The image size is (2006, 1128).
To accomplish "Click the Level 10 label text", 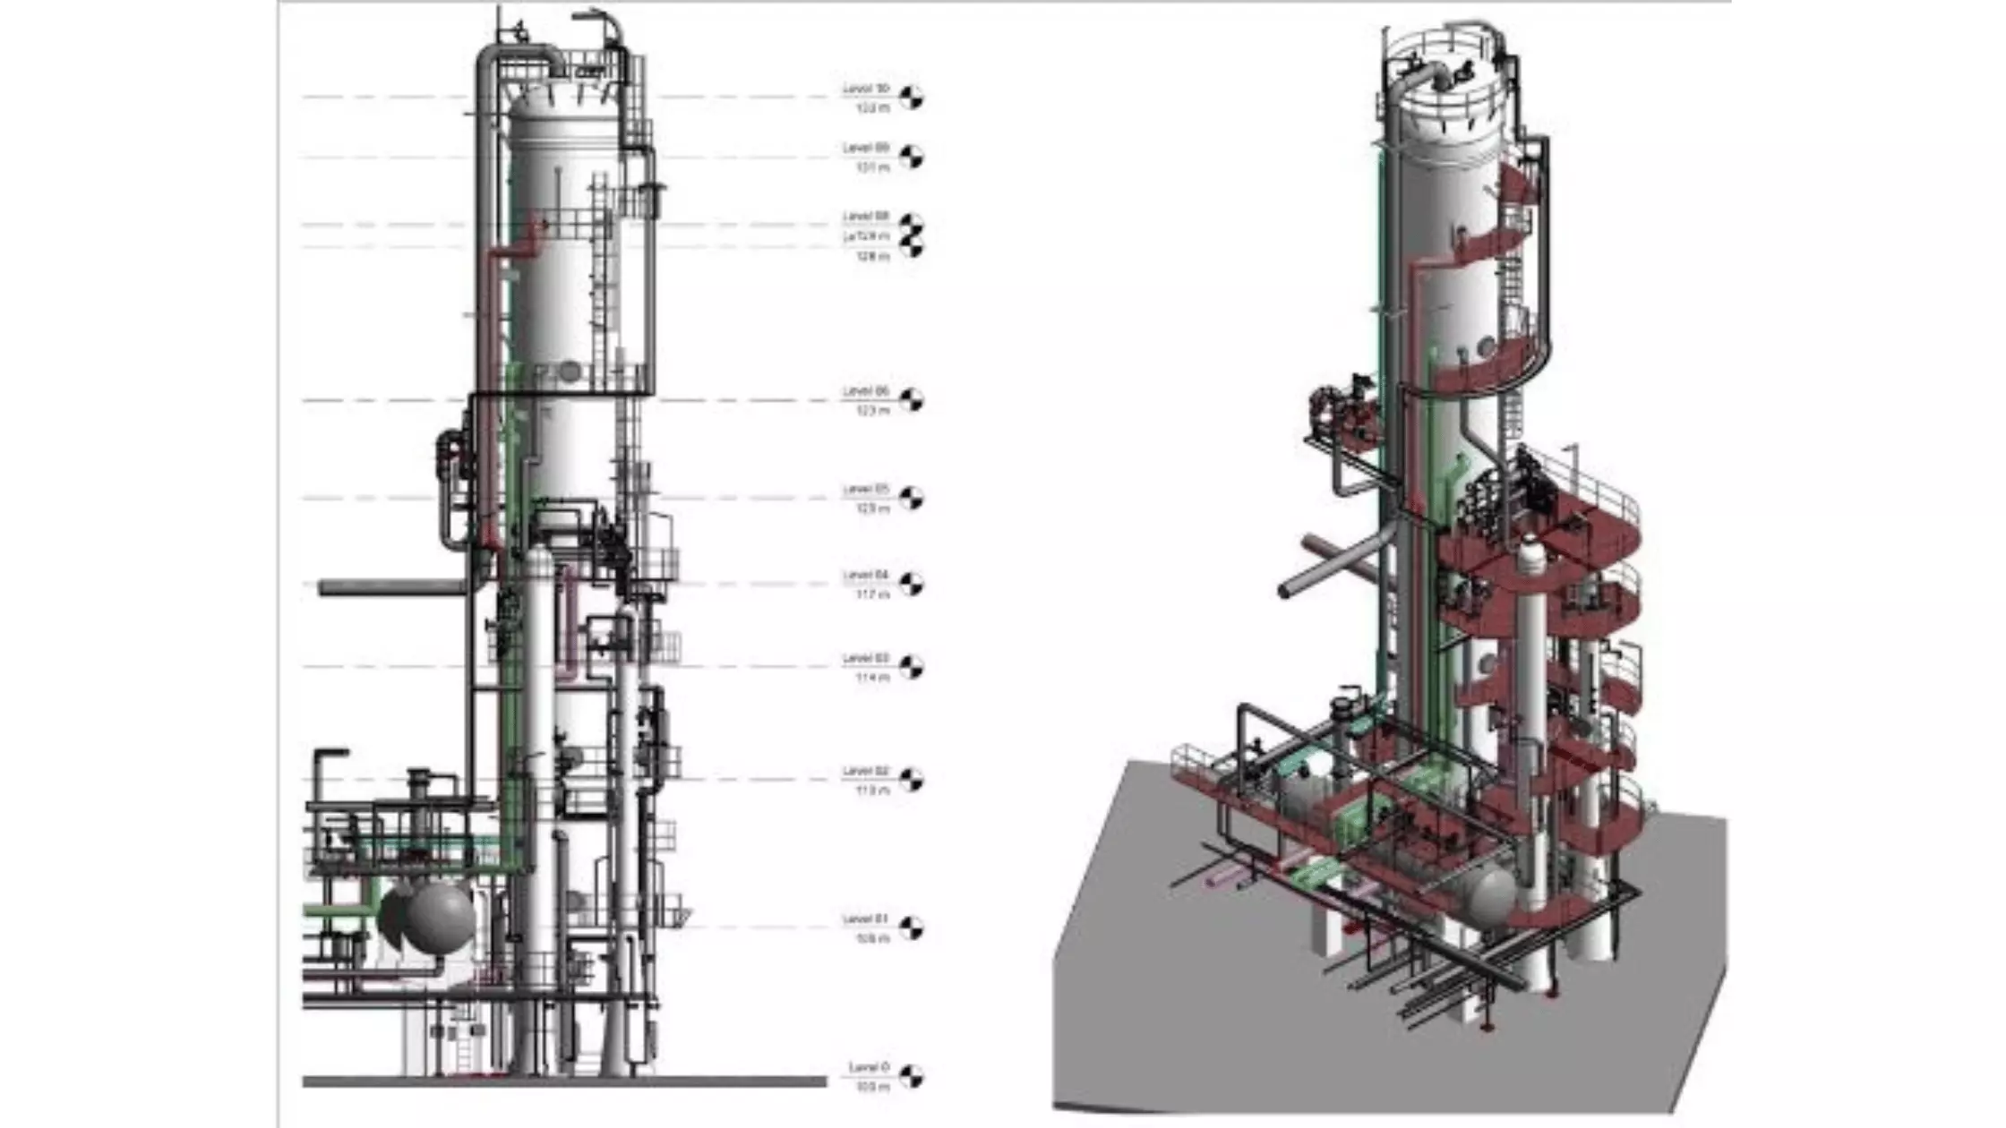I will pos(865,89).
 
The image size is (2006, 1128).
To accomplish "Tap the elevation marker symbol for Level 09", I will pos(911,157).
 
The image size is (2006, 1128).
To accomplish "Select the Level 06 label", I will pos(865,391).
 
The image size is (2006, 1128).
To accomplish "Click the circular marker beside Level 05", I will pos(911,498).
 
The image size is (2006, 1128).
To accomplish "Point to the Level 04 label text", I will pos(865,575).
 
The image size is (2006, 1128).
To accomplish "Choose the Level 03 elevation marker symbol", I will pos(911,667).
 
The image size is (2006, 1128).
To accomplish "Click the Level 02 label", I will pos(865,771).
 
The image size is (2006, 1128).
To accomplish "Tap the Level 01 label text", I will pos(865,919).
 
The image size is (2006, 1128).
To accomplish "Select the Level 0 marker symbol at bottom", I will pos(911,1076).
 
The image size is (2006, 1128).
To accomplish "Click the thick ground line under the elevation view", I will pos(564,1082).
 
